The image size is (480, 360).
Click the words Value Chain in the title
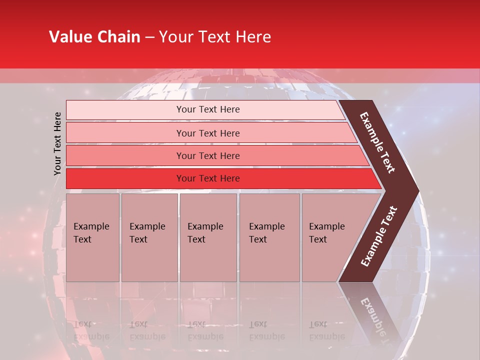coord(94,37)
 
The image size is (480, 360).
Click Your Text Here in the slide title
coord(215,37)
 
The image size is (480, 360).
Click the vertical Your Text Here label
coord(57,143)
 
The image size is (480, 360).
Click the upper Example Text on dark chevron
coord(377,143)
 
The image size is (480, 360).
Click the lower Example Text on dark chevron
coord(379,236)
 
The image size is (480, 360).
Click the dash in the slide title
coord(149,37)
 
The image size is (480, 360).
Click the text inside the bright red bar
coord(208,178)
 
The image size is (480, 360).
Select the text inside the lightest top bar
coord(208,109)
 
